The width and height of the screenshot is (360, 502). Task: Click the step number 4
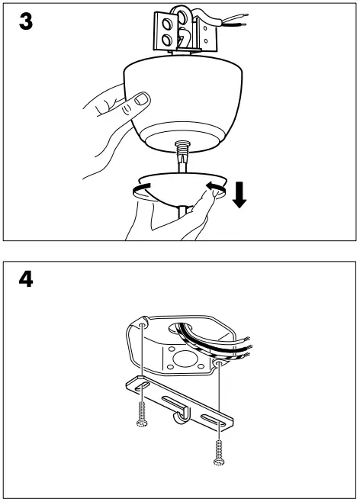25,280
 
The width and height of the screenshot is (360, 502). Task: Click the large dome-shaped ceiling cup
183,99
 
